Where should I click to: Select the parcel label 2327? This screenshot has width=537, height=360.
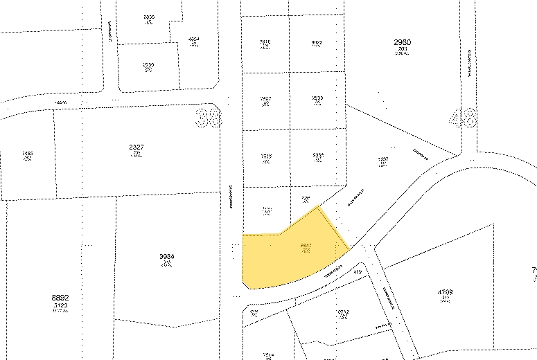tap(136, 147)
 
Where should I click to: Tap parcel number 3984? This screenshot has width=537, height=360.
tap(166, 257)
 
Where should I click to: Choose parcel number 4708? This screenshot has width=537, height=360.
tap(445, 293)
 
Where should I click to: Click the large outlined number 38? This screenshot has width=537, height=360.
tap(209, 116)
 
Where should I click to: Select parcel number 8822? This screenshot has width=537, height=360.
tap(318, 42)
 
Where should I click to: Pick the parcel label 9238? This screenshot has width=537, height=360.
tap(318, 98)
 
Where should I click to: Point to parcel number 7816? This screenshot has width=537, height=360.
tap(265, 42)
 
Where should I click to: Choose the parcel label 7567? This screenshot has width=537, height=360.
tap(265, 98)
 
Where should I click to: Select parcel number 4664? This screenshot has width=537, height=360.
tap(195, 39)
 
